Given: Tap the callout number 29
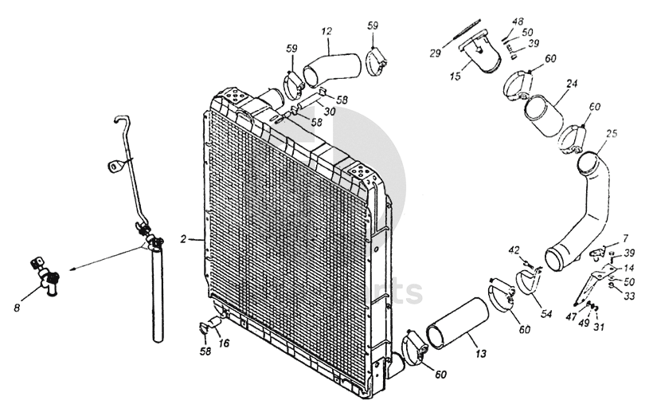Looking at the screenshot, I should tap(435, 53).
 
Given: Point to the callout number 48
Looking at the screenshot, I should tap(518, 22).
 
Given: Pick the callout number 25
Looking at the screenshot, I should tap(611, 133).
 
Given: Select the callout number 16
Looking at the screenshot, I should tap(225, 343).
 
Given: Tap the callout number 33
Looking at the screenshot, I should tap(630, 296).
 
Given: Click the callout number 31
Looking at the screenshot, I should tap(600, 326).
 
